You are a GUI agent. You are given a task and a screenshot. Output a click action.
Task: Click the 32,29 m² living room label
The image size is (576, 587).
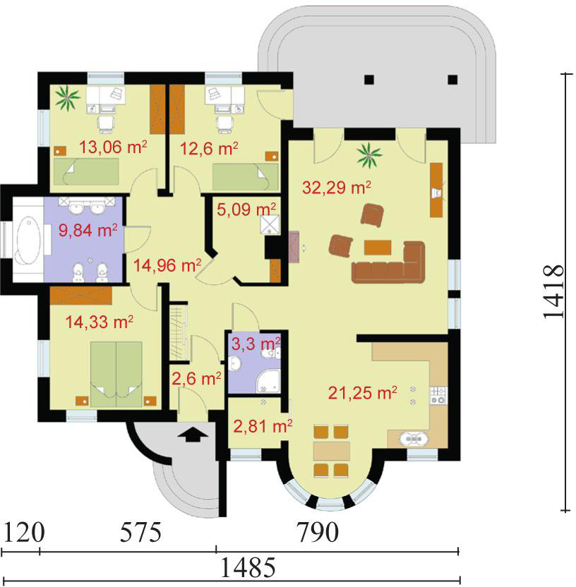click(337, 187)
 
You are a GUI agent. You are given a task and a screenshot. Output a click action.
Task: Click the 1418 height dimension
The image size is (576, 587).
click(553, 292)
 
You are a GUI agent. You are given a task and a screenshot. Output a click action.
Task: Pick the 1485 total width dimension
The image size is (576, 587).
click(248, 568)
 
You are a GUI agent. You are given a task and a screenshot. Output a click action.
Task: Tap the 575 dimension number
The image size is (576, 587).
click(140, 533)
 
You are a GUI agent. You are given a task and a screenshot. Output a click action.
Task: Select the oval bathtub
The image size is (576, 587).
click(28, 240)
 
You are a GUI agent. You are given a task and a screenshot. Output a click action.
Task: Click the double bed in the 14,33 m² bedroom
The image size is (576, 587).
click(116, 374)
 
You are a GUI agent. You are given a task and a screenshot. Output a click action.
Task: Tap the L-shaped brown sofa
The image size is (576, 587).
click(390, 262)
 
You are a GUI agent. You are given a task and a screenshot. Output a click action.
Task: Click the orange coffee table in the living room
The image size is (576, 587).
click(378, 248)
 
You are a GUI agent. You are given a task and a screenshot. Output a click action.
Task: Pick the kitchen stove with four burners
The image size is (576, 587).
click(438, 396)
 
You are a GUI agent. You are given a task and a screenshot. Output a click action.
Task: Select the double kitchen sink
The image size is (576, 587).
click(414, 438)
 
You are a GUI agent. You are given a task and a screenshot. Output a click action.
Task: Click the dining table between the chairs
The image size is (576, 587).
click(332, 451)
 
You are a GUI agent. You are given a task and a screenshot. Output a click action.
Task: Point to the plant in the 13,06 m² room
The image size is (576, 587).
click(68, 98)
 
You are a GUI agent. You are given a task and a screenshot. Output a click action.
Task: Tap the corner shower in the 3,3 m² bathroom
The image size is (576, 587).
click(268, 381)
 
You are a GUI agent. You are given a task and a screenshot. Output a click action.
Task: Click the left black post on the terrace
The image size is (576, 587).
click(369, 79)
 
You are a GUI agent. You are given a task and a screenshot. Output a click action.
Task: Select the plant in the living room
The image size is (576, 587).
click(369, 155)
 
